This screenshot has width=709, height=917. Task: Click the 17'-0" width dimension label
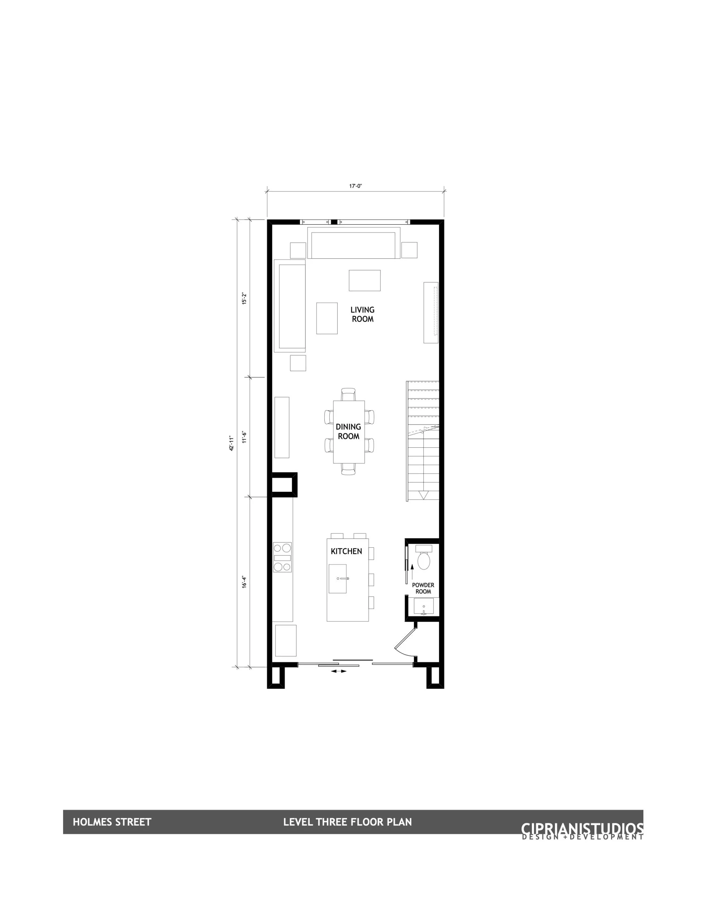pyautogui.click(x=356, y=186)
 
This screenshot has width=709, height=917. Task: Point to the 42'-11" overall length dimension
pyautogui.click(x=231, y=443)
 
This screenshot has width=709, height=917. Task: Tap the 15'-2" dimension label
pyautogui.click(x=244, y=298)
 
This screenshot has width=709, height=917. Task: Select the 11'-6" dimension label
pyautogui.click(x=244, y=437)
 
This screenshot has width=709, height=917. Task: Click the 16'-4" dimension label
pyautogui.click(x=244, y=581)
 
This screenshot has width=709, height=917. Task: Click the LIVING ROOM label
pyautogui.click(x=362, y=314)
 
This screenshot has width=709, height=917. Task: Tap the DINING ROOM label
pyautogui.click(x=348, y=431)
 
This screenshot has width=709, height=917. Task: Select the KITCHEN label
pyautogui.click(x=346, y=551)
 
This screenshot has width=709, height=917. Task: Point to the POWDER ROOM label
pyautogui.click(x=423, y=588)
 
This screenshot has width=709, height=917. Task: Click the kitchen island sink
pyautogui.click(x=338, y=578)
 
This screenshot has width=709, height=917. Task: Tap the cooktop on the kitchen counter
pyautogui.click(x=282, y=557)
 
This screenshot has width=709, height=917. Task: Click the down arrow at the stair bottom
pyautogui.click(x=423, y=495)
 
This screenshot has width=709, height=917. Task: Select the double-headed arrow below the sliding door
pyautogui.click(x=339, y=671)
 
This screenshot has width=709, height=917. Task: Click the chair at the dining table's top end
pyautogui.click(x=348, y=394)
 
